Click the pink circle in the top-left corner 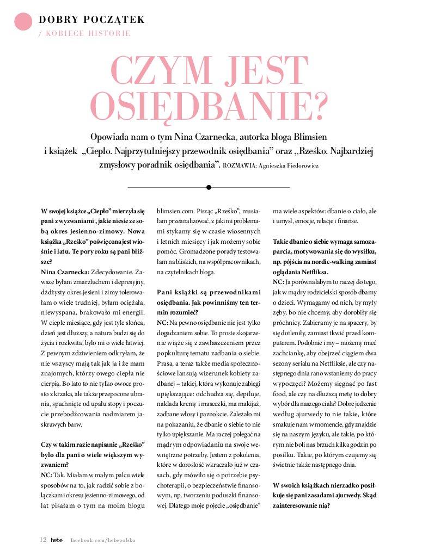click(x=23, y=21)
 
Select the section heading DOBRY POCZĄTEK click(x=91, y=20)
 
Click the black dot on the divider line click(x=209, y=187)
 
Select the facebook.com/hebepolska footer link click(x=103, y=540)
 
